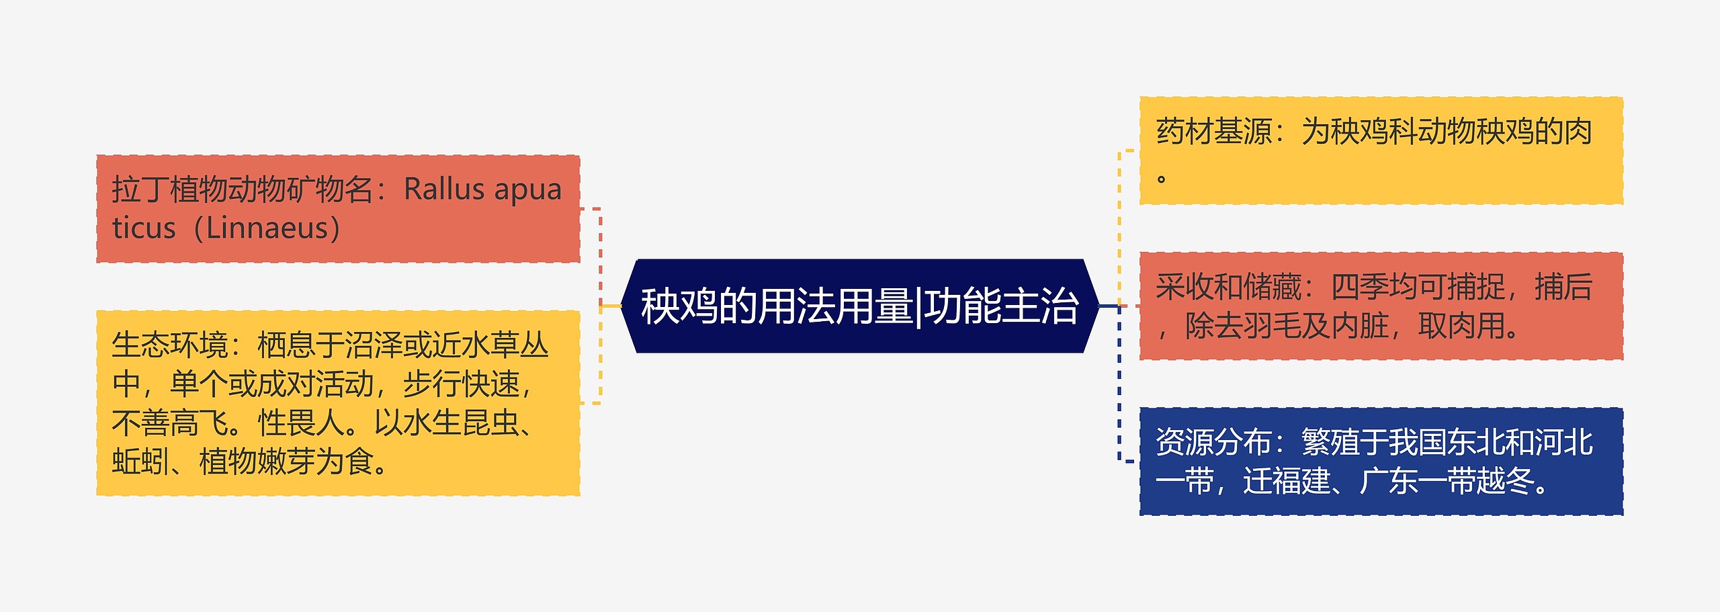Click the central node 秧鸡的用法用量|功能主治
[860, 306]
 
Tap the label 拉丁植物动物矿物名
[242, 189]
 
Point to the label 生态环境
[170, 345]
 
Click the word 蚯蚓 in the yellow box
[140, 462]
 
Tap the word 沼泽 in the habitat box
[373, 345]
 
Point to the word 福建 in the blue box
[1286, 482]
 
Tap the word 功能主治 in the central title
[1001, 306]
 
